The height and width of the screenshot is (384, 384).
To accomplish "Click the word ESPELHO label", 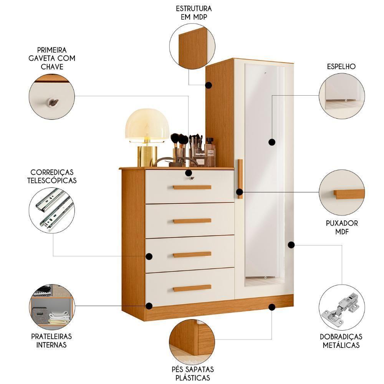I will (x=341, y=66).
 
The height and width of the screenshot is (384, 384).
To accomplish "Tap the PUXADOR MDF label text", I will (x=341, y=227).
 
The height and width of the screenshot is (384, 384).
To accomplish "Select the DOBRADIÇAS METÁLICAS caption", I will (x=341, y=341).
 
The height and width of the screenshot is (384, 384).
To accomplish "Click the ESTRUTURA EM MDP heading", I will (x=194, y=13).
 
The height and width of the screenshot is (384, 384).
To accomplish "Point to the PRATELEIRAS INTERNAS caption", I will (x=51, y=340).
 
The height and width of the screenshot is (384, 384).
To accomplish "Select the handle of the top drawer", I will (x=192, y=187).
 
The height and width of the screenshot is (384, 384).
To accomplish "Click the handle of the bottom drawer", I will (x=192, y=288).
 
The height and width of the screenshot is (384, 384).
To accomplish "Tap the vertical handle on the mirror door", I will (x=240, y=179).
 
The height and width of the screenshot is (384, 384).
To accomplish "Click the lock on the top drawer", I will (x=189, y=178).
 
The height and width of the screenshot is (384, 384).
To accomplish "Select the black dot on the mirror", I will (x=272, y=142).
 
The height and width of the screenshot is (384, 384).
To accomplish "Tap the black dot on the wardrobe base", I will (x=272, y=307).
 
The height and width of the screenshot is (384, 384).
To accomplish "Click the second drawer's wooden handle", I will (x=192, y=221).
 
